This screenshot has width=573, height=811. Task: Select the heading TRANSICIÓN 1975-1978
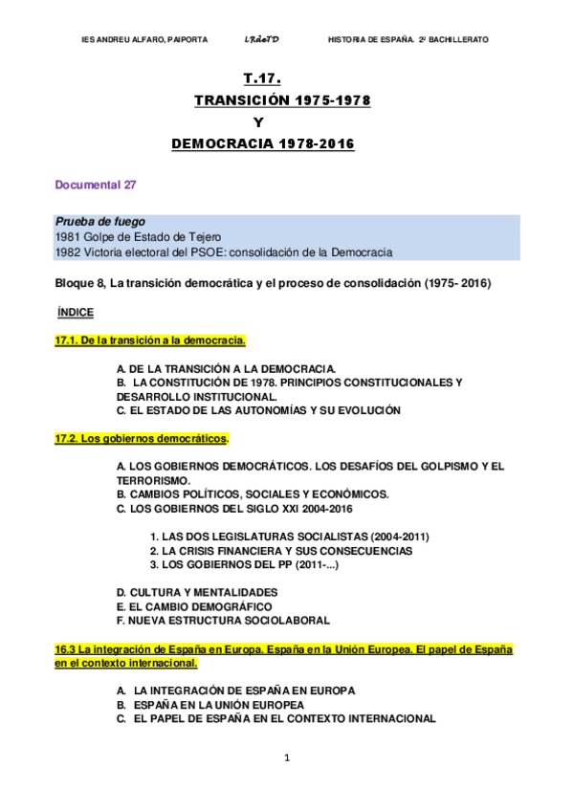282,99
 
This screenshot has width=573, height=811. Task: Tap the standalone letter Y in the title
257,121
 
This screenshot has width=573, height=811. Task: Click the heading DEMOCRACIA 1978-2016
262,144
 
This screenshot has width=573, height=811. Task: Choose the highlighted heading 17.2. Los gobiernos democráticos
142,438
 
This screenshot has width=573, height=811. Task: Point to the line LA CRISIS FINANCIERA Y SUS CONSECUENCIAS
281,551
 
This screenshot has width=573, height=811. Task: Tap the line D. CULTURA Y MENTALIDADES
196,592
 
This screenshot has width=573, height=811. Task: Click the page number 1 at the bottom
286,758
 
